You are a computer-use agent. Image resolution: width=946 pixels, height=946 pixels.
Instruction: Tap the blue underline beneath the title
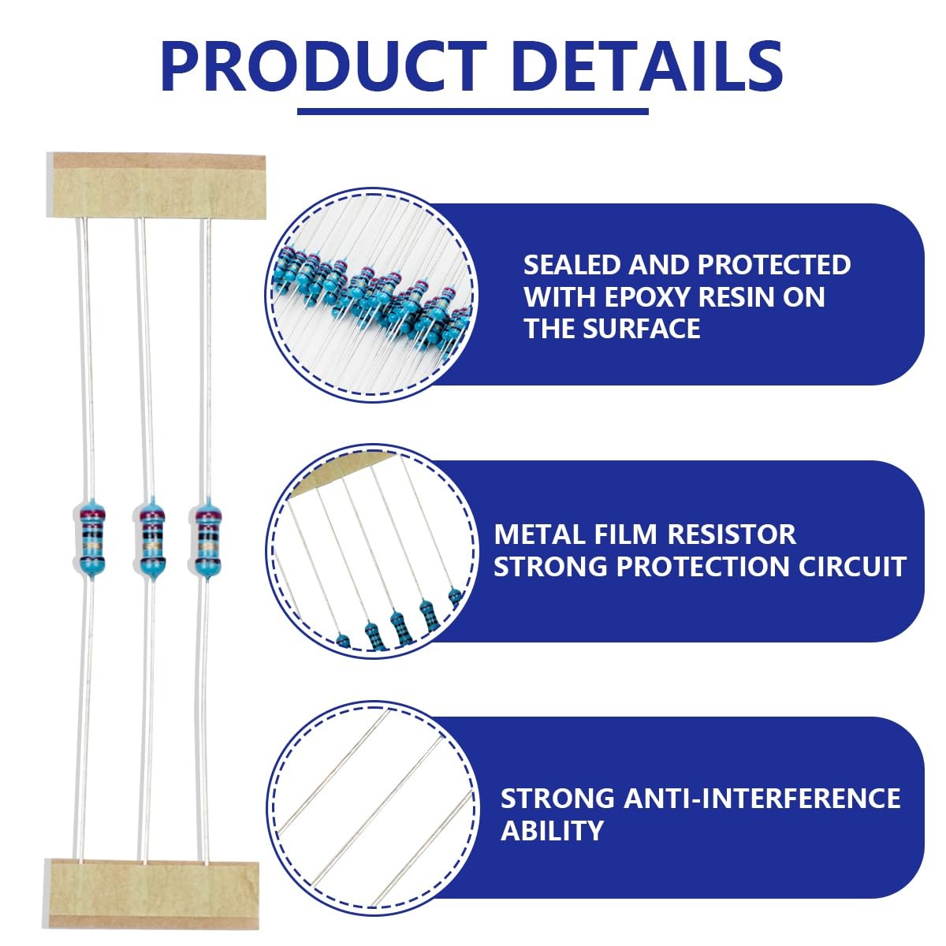click(x=473, y=111)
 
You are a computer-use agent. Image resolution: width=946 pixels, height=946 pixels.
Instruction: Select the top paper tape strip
click(x=157, y=185)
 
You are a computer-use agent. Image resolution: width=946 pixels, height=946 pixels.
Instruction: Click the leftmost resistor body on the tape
click(x=92, y=538)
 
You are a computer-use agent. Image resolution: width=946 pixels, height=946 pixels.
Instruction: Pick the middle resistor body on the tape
click(x=150, y=538)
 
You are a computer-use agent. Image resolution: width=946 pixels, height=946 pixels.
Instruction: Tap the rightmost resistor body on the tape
click(x=207, y=538)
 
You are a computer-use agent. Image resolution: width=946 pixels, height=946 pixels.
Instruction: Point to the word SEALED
click(x=572, y=265)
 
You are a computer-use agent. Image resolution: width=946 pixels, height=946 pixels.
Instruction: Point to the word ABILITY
click(x=552, y=831)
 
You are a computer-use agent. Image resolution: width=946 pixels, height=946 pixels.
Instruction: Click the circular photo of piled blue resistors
click(x=371, y=295)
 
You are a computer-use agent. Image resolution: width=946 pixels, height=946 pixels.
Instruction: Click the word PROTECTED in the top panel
click(x=774, y=265)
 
